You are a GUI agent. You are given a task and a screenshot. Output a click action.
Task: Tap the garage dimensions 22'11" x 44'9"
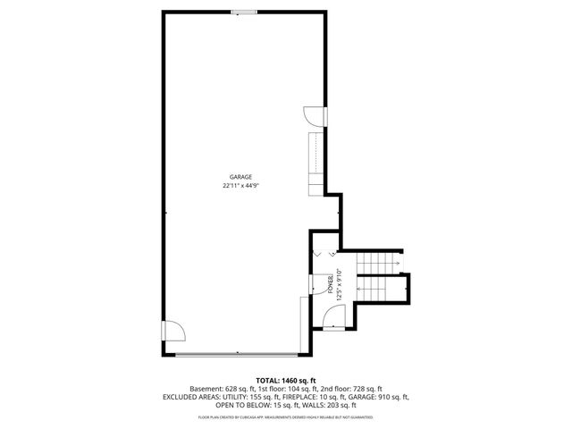[x=246, y=186]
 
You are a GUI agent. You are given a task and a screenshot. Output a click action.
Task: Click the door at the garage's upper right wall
[x=313, y=116]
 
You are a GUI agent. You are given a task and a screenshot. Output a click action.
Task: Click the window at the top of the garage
[x=241, y=12]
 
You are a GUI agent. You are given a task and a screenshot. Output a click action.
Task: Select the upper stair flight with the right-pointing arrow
[x=376, y=265]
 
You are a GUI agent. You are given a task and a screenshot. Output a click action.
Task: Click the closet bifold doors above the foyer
[x=324, y=252]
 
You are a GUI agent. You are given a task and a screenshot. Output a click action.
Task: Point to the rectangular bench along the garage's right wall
[x=314, y=164]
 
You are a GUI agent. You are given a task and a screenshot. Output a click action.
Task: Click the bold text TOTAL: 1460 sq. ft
[x=285, y=381]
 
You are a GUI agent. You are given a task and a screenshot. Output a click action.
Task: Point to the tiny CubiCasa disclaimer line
[x=285, y=416]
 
